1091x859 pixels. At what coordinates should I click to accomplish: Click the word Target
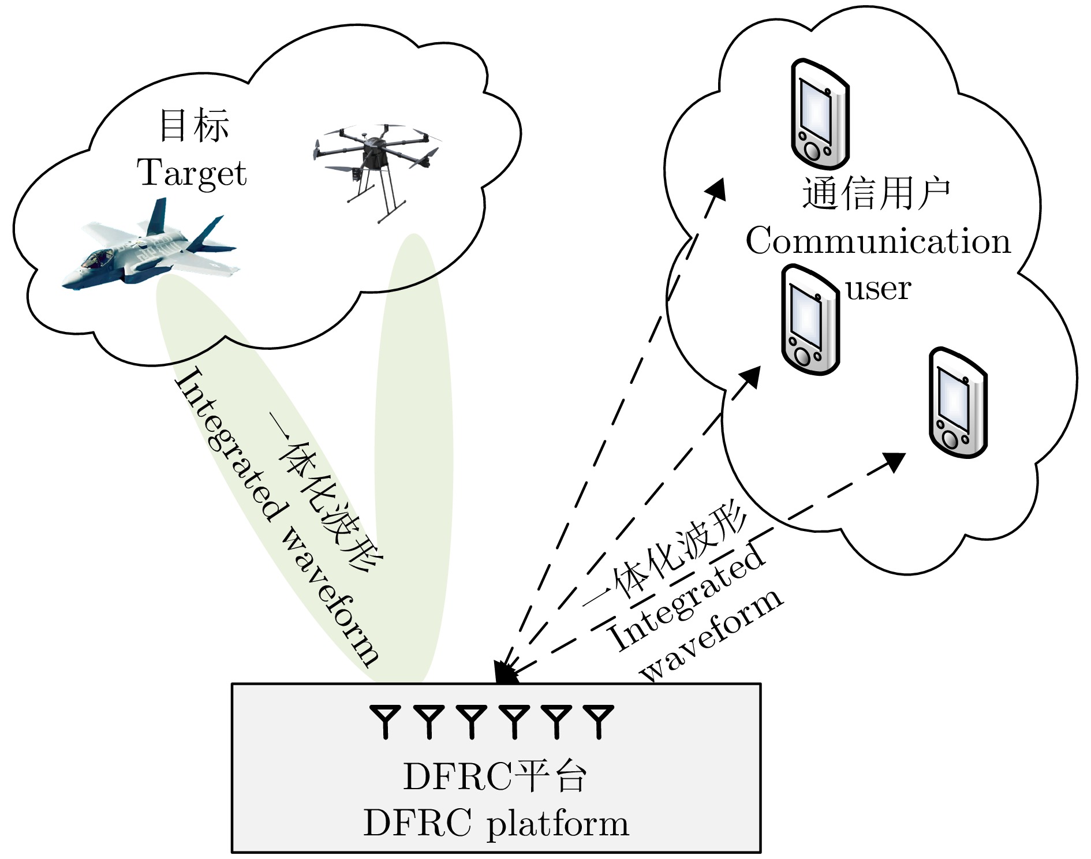click(192, 173)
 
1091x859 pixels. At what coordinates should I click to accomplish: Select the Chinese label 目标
click(194, 125)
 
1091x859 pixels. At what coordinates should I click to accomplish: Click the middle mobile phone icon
click(809, 320)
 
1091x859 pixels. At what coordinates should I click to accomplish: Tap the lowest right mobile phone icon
click(958, 403)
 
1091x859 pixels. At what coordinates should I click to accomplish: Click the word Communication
click(878, 241)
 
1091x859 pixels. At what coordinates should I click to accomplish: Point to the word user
click(878, 289)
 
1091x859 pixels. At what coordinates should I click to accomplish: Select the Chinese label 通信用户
click(876, 193)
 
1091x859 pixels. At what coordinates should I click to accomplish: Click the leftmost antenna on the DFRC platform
click(385, 720)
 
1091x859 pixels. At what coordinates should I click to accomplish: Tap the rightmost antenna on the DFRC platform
click(599, 720)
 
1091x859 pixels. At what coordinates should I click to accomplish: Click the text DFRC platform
click(495, 823)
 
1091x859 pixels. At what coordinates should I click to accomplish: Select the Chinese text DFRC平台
click(495, 776)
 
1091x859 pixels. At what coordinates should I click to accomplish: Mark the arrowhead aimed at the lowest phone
click(894, 461)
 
